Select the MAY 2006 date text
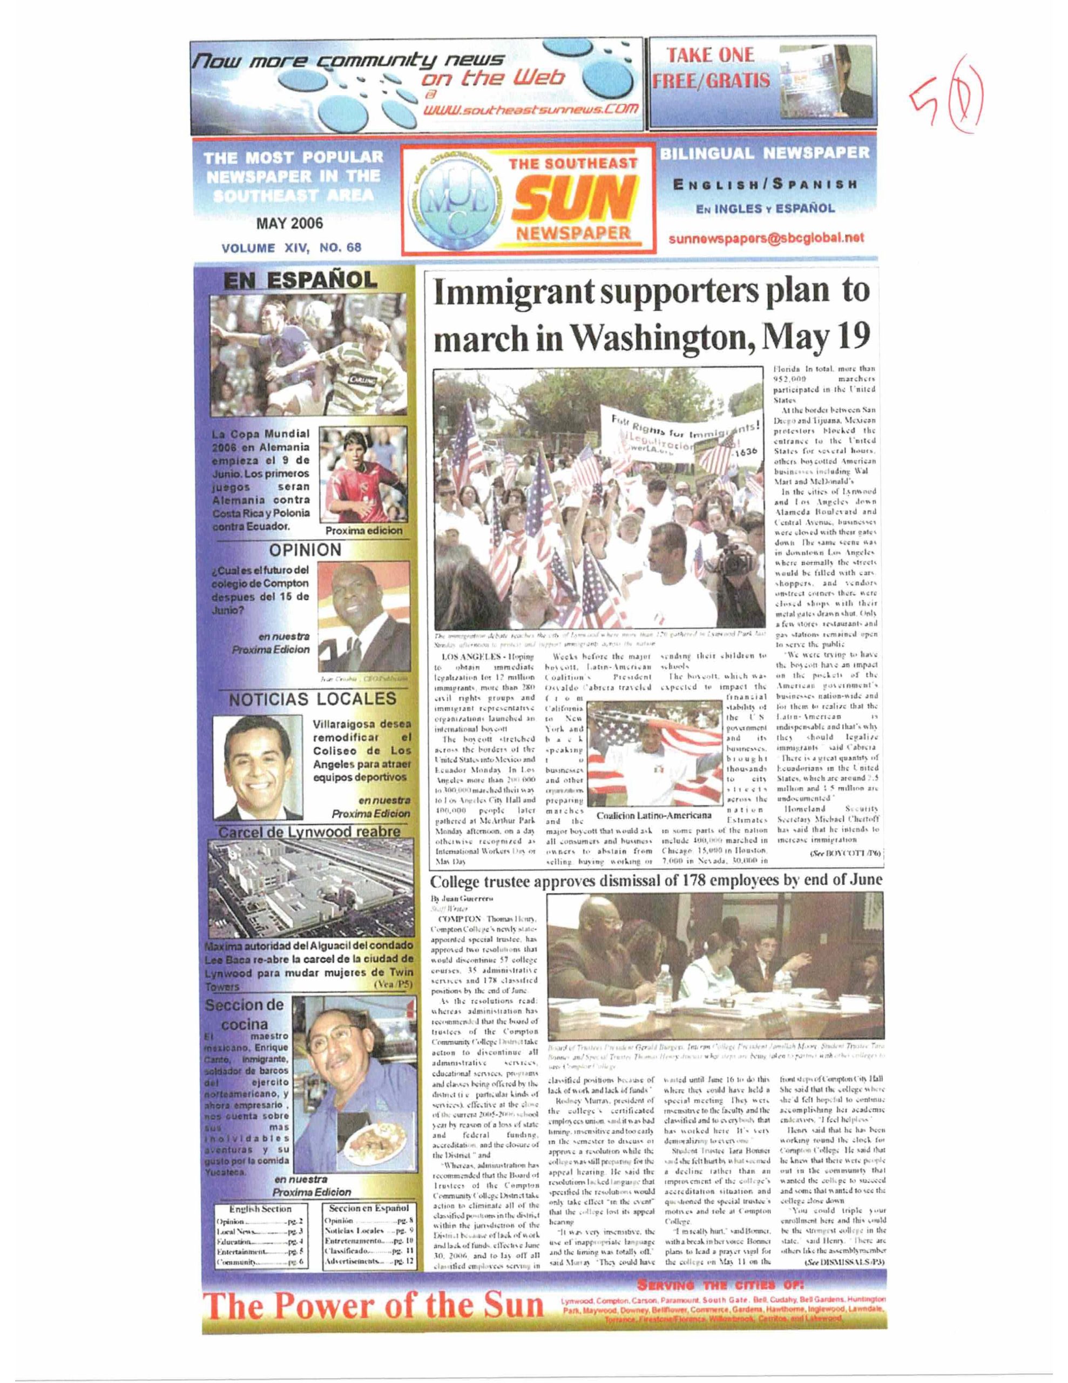pyautogui.click(x=290, y=224)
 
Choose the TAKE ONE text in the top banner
pyautogui.click(x=708, y=55)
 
